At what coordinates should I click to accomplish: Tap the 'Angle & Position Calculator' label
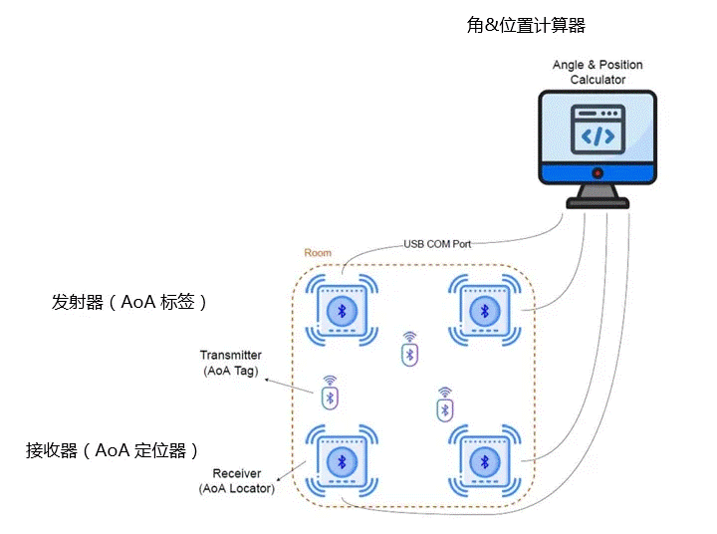(x=597, y=72)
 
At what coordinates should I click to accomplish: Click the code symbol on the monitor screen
(x=597, y=135)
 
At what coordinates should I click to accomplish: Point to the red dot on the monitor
(x=597, y=173)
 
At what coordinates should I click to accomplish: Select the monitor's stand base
(x=597, y=202)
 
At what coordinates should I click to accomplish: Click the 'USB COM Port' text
(x=439, y=243)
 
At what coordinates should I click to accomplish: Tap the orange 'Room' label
(x=318, y=253)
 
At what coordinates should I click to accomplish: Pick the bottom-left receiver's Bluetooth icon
(x=342, y=462)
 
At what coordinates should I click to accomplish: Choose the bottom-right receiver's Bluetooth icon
(x=485, y=462)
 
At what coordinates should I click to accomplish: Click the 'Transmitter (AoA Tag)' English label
(x=230, y=363)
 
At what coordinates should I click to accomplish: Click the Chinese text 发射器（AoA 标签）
(x=130, y=302)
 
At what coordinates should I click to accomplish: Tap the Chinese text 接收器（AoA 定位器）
(x=119, y=450)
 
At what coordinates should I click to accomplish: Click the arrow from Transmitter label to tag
(x=291, y=384)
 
